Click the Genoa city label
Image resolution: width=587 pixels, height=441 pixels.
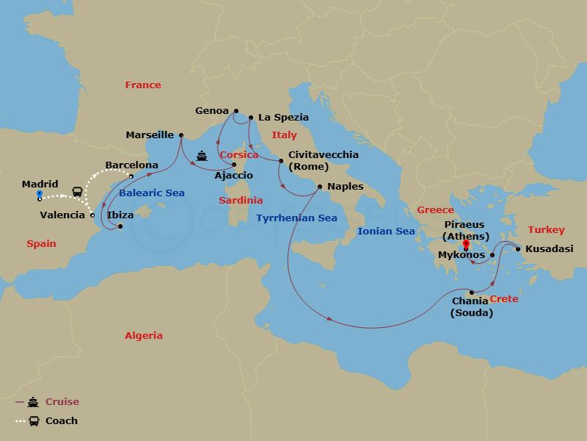(212, 111)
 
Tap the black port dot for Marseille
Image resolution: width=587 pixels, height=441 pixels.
(182, 135)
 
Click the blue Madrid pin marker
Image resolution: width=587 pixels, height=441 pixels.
(39, 196)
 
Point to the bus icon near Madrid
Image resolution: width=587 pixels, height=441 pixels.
(76, 191)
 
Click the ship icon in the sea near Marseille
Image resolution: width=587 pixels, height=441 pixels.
(202, 156)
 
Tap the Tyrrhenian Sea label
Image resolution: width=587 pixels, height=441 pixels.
(296, 218)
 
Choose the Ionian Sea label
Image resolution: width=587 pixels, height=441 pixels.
(385, 231)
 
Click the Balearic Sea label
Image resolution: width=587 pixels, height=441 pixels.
(153, 193)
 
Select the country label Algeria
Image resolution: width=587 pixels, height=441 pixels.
(144, 335)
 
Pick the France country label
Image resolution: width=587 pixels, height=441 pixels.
(142, 85)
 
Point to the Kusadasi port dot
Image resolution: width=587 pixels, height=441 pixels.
(518, 249)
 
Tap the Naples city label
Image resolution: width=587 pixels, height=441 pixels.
(345, 187)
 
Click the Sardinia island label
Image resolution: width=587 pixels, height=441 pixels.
(241, 200)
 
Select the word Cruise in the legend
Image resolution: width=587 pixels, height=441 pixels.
(62, 402)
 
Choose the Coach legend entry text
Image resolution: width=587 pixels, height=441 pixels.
(61, 421)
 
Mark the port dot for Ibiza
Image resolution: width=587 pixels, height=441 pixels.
(120, 226)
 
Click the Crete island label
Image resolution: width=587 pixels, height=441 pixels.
(503, 299)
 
